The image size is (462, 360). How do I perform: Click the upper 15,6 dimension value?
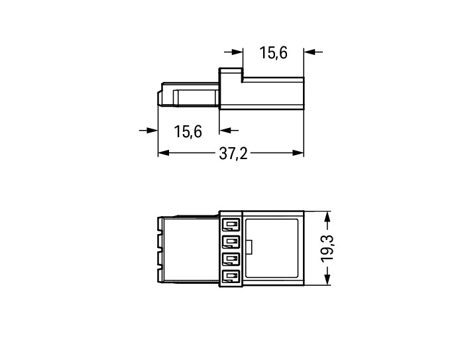[x=273, y=53]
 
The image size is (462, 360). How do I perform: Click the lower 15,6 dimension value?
[x=188, y=131]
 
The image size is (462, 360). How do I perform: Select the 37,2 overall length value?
[x=233, y=154]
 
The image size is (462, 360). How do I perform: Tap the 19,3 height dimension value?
[x=327, y=248]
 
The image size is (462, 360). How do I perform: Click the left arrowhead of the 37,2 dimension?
[x=164, y=153]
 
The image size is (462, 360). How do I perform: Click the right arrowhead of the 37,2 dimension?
[x=298, y=153]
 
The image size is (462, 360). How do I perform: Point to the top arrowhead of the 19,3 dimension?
[x=327, y=217]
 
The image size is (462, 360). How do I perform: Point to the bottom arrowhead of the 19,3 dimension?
[x=327, y=279]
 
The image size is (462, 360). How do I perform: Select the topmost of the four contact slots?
[x=231, y=225]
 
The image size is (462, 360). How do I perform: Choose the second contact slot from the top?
[x=231, y=242]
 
